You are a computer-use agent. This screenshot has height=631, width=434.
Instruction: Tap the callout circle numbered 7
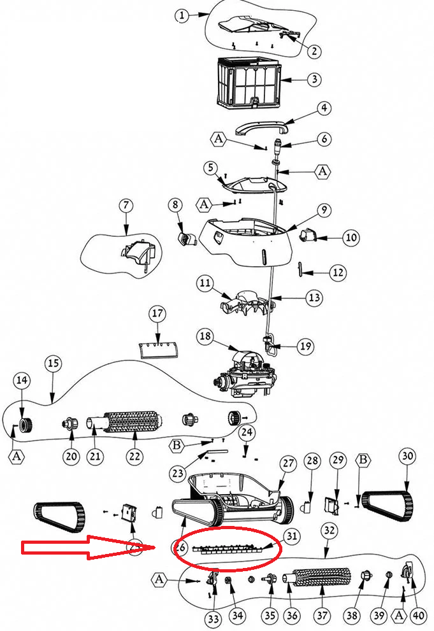point(126,206)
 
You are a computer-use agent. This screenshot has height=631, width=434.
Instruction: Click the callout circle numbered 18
point(204,336)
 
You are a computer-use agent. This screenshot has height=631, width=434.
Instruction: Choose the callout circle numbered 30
point(408,456)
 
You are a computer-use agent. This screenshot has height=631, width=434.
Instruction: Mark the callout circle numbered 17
point(157,314)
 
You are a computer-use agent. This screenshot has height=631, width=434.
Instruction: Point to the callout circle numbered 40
point(417,616)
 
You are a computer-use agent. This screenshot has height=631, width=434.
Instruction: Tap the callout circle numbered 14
point(22,380)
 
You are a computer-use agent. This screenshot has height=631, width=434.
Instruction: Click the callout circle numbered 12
point(338,272)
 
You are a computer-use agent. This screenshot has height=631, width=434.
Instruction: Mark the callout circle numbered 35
point(270,616)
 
